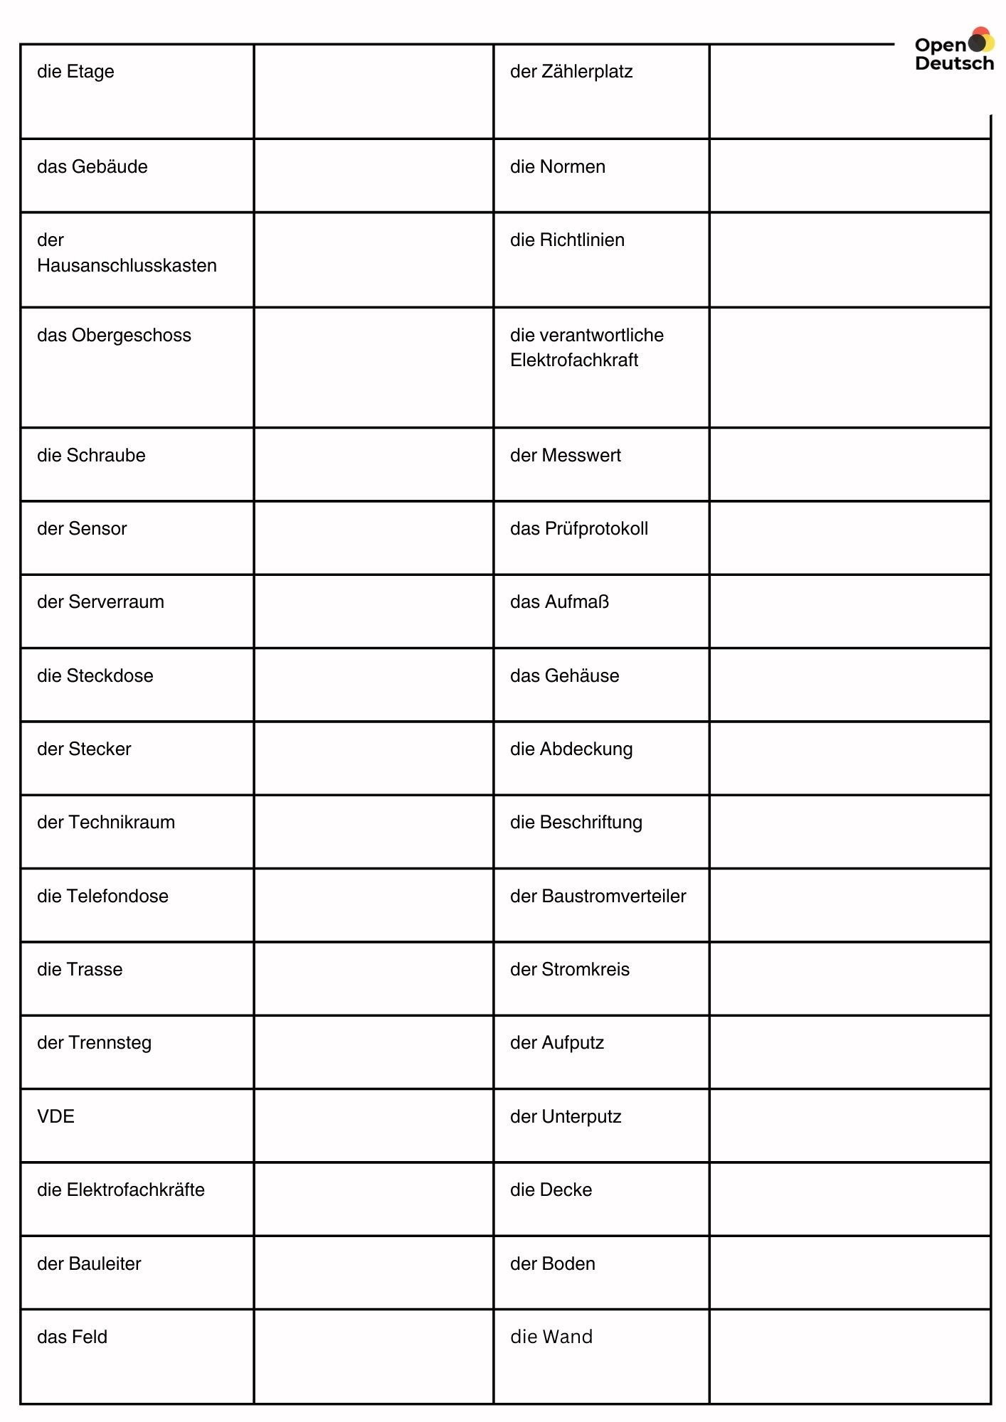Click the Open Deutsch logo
[954, 51]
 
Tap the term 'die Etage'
[75, 72]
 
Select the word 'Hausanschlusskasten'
[127, 266]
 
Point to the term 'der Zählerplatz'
[571, 72]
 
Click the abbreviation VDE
[55, 1116]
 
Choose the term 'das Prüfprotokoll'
[579, 529]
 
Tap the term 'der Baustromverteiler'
[598, 897]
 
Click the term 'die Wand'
[551, 1337]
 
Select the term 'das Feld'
[72, 1337]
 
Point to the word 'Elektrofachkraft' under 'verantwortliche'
[574, 360]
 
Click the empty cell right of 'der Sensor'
[374, 538]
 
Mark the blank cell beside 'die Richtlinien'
[849, 260]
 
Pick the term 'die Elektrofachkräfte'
[121, 1190]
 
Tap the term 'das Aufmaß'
[559, 602]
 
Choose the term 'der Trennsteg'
[94, 1043]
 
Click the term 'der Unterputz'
[566, 1117]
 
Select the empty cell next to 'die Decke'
[849, 1199]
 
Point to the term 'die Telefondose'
[102, 897]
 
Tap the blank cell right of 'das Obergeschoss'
[374, 368]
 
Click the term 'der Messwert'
[566, 456]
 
